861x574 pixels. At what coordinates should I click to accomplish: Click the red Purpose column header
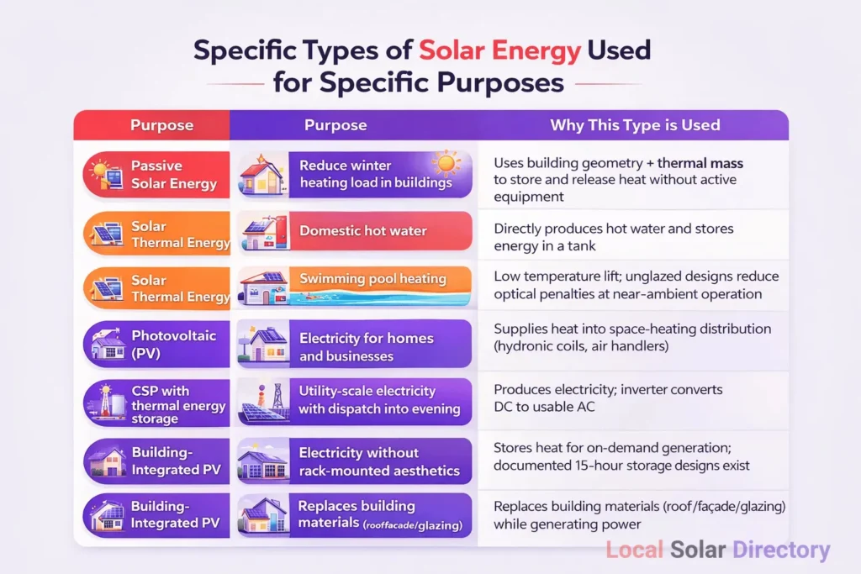[x=152, y=125]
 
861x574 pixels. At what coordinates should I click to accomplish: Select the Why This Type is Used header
[x=635, y=125]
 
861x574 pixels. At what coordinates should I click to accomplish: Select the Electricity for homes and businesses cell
[x=355, y=344]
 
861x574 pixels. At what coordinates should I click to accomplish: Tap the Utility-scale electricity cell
[x=355, y=402]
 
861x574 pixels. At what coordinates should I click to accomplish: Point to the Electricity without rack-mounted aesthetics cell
[x=355, y=461]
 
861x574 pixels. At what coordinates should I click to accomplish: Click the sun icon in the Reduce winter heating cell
[x=446, y=163]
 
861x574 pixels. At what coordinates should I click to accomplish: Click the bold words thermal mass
[x=700, y=163]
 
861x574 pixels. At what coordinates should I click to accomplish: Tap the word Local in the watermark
[x=634, y=550]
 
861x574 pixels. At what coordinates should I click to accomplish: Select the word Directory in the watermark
[x=781, y=550]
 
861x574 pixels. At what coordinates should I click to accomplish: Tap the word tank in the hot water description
[x=582, y=246]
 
